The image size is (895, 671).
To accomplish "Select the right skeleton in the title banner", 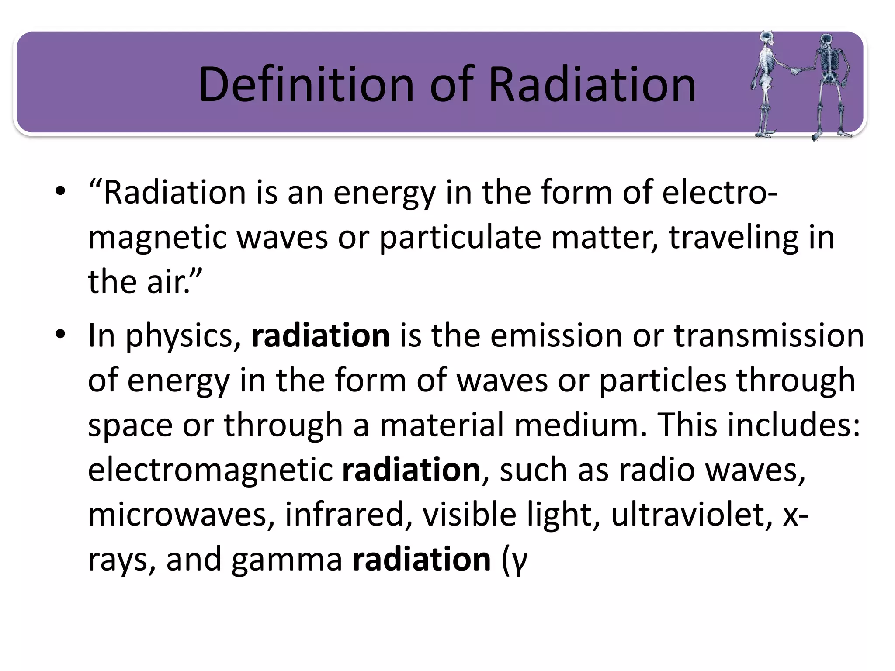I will [827, 83].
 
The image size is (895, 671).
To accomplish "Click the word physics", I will [183, 336].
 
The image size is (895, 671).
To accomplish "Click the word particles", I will [663, 380].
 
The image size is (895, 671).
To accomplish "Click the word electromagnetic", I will [210, 470].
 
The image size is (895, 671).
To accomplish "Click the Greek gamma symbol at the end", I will [520, 562].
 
